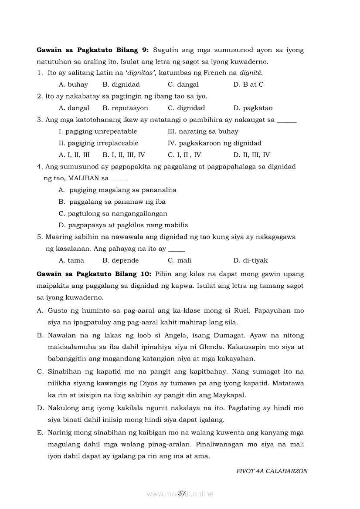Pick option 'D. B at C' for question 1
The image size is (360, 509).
(x=248, y=84)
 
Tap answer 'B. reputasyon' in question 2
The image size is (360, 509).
(x=125, y=108)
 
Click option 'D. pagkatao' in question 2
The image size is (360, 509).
(x=253, y=108)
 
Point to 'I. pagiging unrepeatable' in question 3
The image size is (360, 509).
(x=98, y=131)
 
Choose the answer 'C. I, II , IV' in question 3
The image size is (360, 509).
(x=184, y=155)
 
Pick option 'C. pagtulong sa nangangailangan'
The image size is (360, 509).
(x=113, y=213)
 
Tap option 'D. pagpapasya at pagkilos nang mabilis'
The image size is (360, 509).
(x=123, y=225)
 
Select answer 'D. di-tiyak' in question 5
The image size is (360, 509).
(x=250, y=260)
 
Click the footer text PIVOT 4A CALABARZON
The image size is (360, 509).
(x=272, y=471)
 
